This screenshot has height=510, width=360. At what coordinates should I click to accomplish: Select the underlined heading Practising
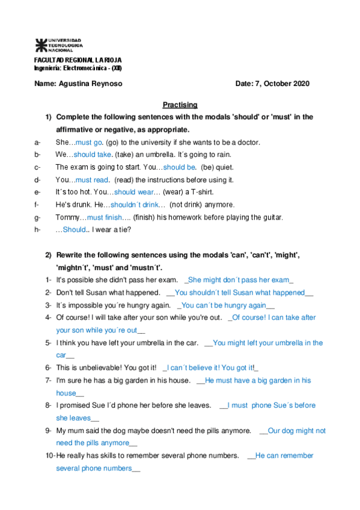tap(180, 105)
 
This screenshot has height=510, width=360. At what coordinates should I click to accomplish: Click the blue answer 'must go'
tap(89, 142)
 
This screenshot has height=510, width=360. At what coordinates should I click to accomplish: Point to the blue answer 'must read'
tap(92, 180)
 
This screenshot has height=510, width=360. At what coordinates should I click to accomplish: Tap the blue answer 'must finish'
tap(105, 217)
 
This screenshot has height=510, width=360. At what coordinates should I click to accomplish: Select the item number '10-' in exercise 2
tap(49, 456)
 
